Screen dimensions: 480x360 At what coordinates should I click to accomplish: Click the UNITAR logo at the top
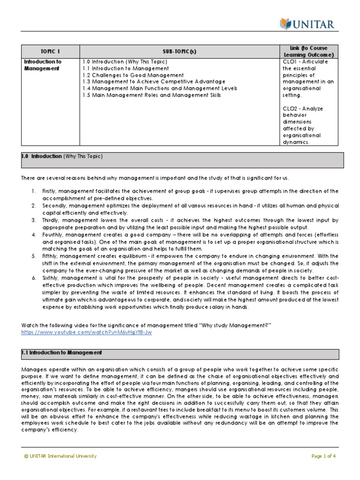tap(307, 23)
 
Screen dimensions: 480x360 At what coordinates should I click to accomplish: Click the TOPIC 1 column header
tap(50, 52)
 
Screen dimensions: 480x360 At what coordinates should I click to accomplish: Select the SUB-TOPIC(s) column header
tap(179, 52)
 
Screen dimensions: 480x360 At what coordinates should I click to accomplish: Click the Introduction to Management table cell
tap(43, 65)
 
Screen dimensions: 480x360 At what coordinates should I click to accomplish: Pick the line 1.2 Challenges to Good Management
tap(133, 75)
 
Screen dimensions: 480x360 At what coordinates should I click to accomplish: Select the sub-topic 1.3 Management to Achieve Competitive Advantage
tap(154, 82)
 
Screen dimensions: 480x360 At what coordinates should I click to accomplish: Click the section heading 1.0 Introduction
tap(41, 156)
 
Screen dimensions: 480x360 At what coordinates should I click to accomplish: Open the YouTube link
tap(87, 332)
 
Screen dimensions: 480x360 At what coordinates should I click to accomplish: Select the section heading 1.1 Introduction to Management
tap(61, 352)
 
